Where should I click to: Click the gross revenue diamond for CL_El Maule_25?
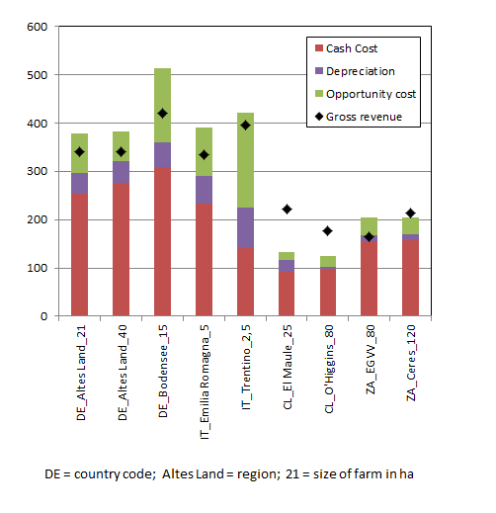click(x=287, y=210)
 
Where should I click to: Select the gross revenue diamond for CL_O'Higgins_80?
click(x=327, y=231)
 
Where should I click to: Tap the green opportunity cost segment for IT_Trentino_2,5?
click(x=245, y=160)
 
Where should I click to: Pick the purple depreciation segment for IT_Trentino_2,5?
click(x=245, y=227)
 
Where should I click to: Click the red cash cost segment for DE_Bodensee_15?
click(x=162, y=241)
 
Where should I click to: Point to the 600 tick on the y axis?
click(x=38, y=27)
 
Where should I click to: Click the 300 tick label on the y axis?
click(x=38, y=171)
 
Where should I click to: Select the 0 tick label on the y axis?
click(x=44, y=316)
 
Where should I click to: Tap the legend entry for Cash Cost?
click(x=346, y=48)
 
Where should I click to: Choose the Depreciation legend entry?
click(x=355, y=71)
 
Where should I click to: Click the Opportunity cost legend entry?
click(x=366, y=94)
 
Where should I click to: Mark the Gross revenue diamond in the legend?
click(x=319, y=117)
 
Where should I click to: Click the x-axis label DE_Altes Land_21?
click(x=81, y=373)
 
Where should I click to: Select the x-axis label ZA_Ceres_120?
click(x=411, y=363)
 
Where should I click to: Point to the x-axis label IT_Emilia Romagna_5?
click(x=205, y=382)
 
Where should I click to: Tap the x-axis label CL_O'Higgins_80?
click(x=329, y=369)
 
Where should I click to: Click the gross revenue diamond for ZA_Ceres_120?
click(x=410, y=214)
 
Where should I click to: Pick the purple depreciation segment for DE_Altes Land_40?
click(x=121, y=172)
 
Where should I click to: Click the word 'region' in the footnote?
click(x=257, y=474)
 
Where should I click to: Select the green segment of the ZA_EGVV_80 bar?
click(x=369, y=226)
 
